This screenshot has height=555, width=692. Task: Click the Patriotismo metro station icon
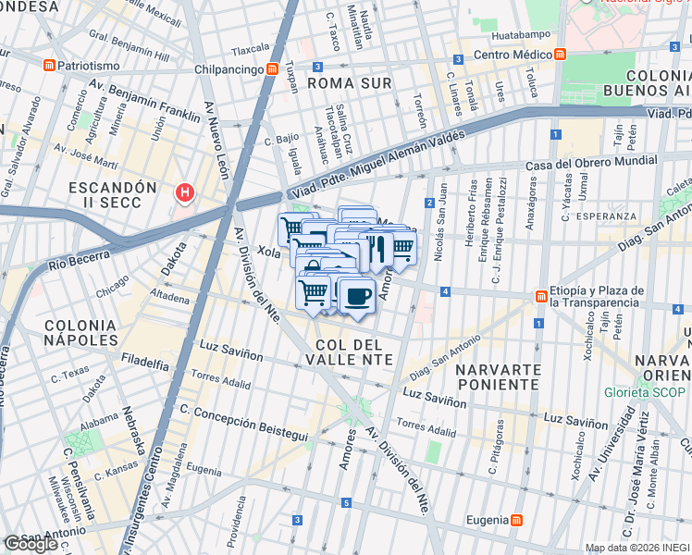[x=48, y=66]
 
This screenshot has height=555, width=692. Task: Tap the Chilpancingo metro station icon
[x=272, y=68]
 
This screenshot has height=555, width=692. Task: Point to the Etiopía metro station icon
[x=540, y=295]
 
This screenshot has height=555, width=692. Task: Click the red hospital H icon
[x=185, y=192]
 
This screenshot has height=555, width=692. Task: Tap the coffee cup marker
[x=355, y=296]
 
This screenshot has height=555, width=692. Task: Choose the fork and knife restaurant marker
[x=377, y=248]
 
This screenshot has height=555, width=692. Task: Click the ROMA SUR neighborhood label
[x=349, y=83]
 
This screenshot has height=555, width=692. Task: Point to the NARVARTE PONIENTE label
[x=498, y=377]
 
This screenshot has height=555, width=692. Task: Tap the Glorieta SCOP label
[x=645, y=392]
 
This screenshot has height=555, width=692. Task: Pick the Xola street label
[x=269, y=251]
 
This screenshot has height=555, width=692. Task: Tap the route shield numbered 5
[x=346, y=502]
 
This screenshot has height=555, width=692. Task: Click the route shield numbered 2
[x=430, y=203]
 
